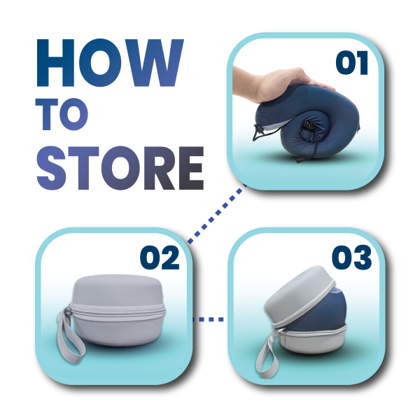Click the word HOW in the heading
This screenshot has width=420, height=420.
pos(110,63)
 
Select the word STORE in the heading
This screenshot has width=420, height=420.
pos(120,168)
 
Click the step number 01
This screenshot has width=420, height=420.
pos(352,63)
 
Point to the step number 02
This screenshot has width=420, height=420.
pos(160,258)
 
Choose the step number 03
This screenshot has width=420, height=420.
pos(351,258)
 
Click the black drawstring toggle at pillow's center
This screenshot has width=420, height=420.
pos(309,125)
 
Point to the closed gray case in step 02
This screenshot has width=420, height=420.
pos(118,310)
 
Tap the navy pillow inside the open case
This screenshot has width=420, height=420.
pos(321,311)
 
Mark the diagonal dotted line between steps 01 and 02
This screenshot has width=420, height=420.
pos(217,213)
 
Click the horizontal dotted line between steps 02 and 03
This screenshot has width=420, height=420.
pos(209,319)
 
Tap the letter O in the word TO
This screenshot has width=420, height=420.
pos(74,114)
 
